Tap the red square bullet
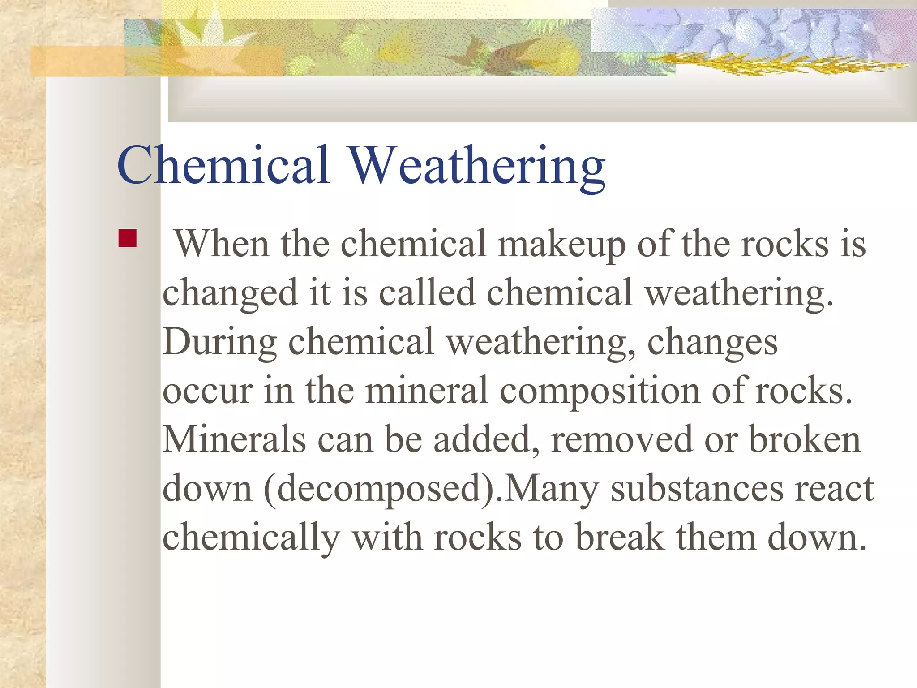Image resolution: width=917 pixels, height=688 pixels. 128,238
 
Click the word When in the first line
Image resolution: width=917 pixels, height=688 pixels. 222,244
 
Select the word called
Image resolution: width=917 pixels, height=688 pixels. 427,293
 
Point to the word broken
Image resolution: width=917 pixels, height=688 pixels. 805,440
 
